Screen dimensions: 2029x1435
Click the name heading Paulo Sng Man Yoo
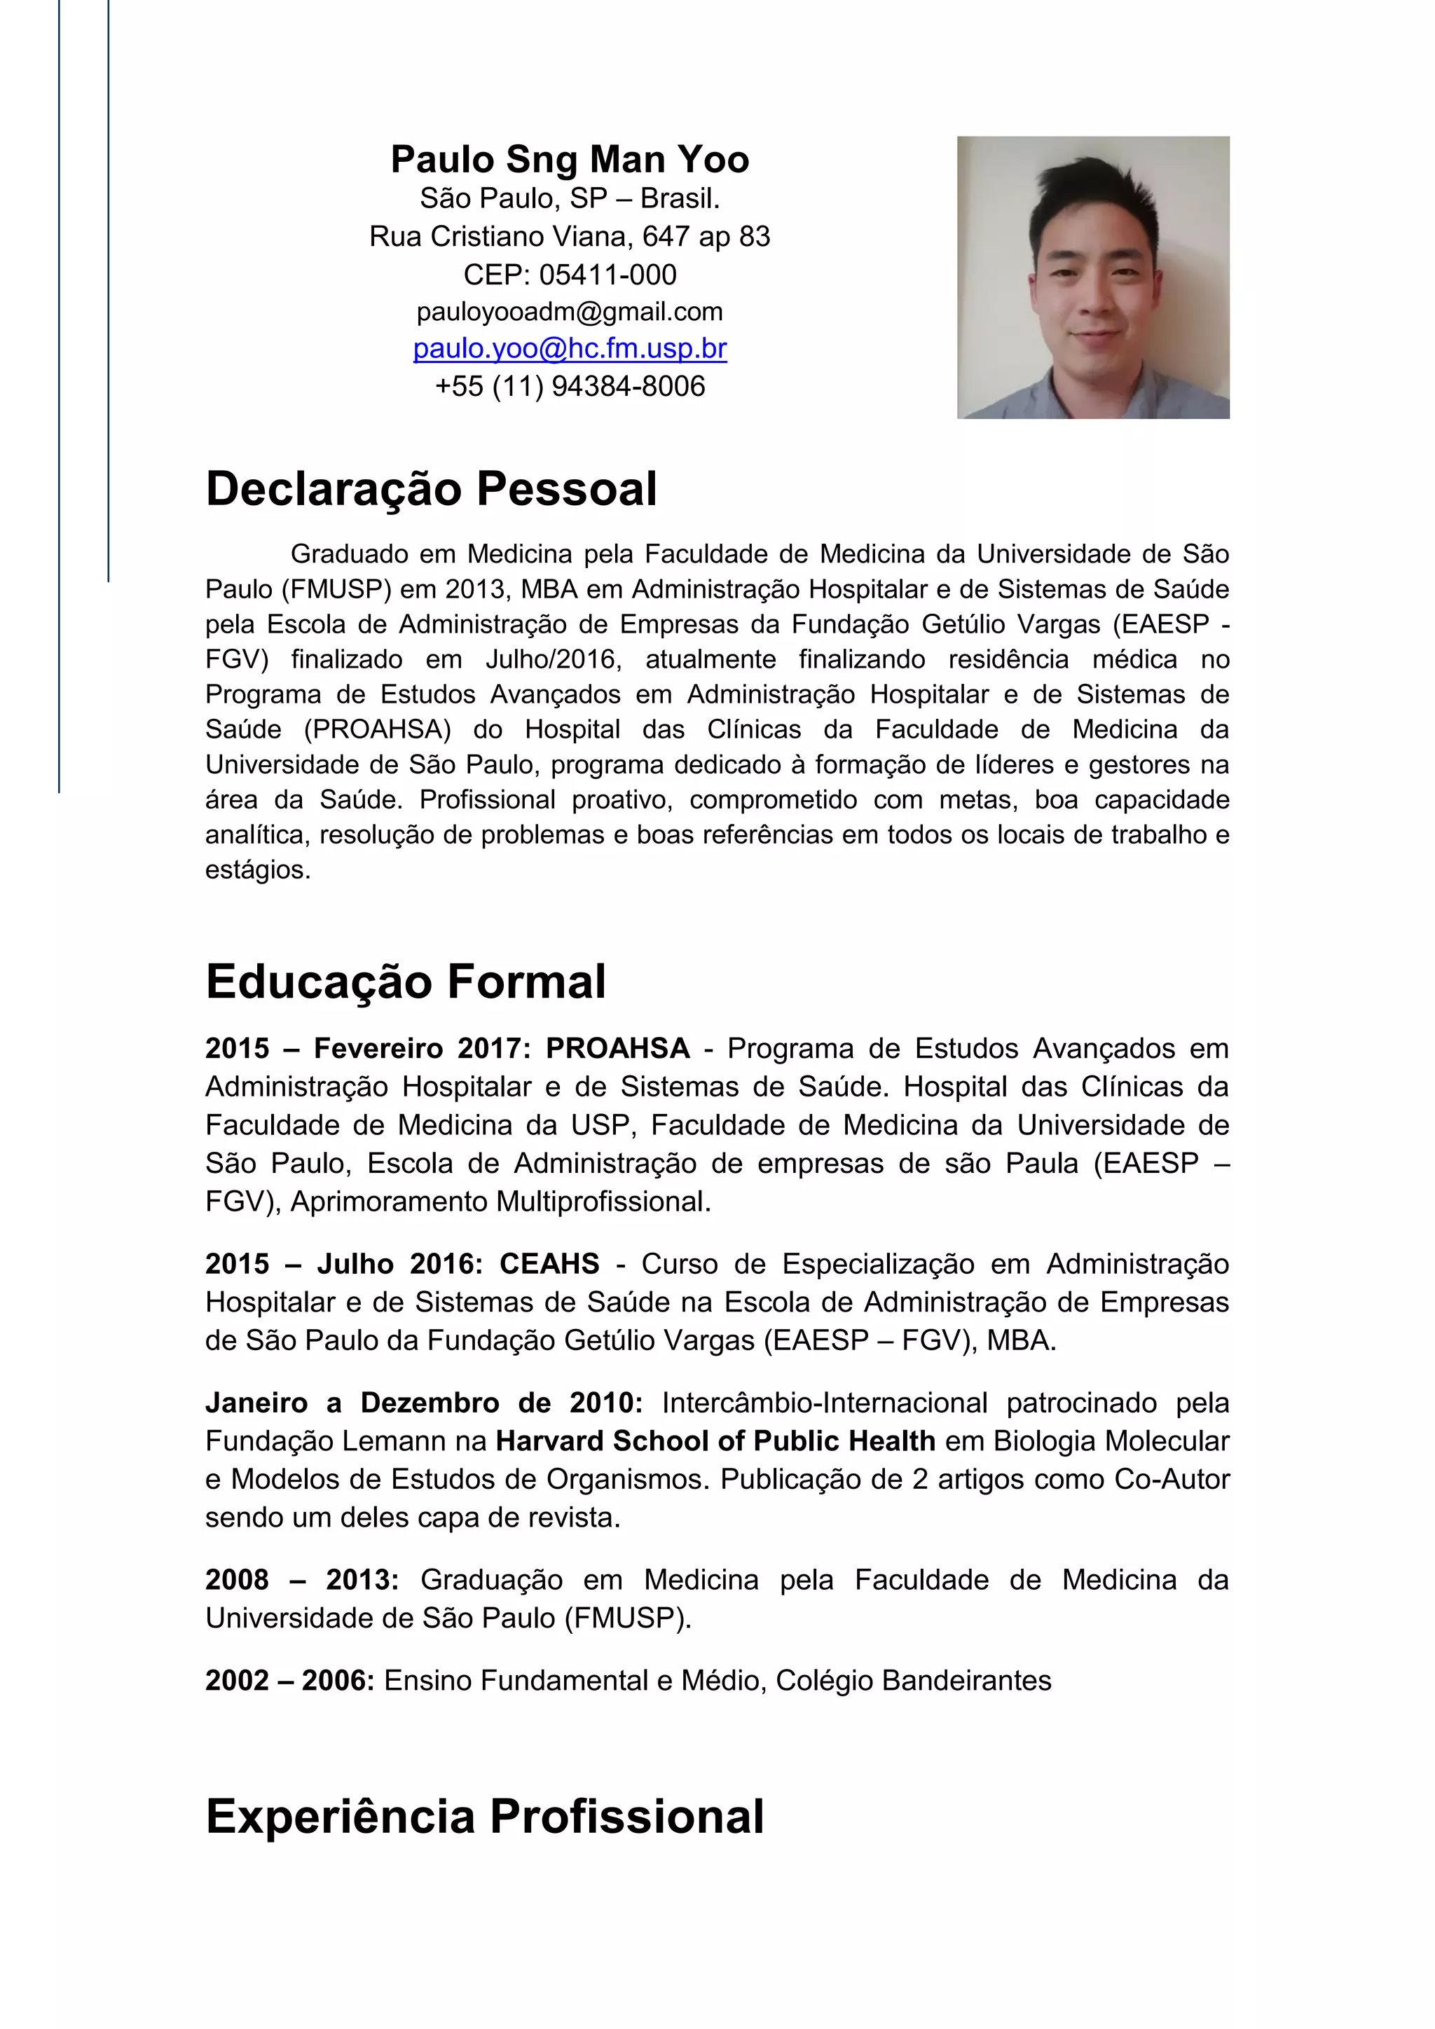[570, 160]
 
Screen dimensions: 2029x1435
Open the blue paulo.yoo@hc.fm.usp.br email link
[570, 349]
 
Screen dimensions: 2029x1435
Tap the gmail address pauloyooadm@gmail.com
[570, 312]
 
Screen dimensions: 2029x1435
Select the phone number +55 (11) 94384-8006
[570, 386]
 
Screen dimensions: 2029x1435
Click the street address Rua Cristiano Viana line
[570, 237]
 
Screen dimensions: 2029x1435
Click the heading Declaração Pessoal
[431, 490]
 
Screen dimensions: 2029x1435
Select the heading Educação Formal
[406, 982]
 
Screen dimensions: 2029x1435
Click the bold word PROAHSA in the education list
[617, 1049]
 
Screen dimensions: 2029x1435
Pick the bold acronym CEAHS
[549, 1265]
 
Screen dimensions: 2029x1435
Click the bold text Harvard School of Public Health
[715, 1441]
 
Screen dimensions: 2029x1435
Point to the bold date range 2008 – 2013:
[302, 1580]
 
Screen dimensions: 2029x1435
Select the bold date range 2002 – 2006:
[290, 1681]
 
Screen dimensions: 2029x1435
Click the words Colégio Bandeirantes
[913, 1681]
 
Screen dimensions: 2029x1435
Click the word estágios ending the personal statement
[257, 870]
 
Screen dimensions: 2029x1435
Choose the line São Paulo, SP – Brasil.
[570, 199]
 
